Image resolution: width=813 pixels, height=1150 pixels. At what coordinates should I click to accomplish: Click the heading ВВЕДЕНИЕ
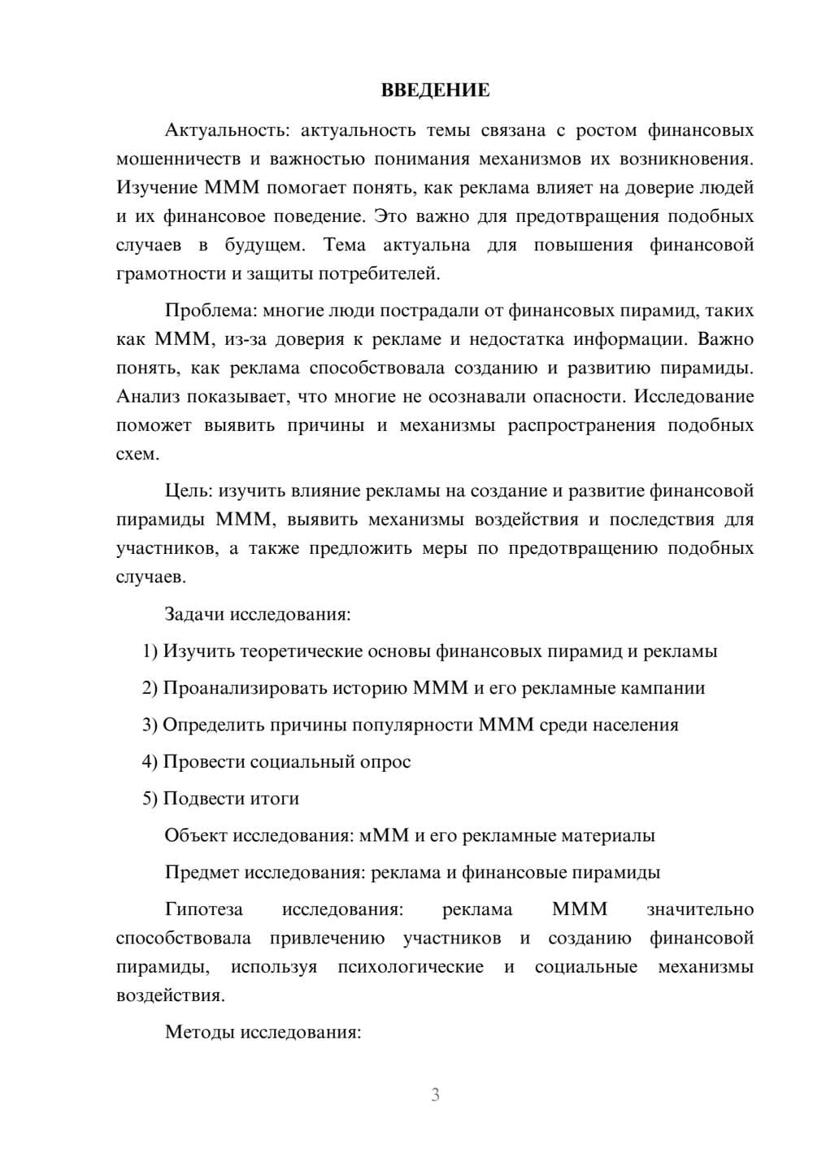click(435, 90)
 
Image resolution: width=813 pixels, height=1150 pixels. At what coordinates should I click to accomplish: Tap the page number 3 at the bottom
click(435, 1095)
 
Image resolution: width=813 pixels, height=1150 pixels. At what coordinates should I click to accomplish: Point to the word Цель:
click(189, 490)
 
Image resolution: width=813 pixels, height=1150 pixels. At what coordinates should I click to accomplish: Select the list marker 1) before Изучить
click(150, 651)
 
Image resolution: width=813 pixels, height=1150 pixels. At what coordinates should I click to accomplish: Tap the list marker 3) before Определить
click(150, 725)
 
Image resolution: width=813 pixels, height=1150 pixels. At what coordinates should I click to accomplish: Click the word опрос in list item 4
click(386, 762)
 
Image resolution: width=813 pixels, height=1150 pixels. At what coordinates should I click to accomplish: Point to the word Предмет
click(196, 873)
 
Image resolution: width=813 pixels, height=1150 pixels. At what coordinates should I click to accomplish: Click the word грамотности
click(167, 273)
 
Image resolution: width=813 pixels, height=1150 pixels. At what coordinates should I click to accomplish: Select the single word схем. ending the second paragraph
click(137, 454)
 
